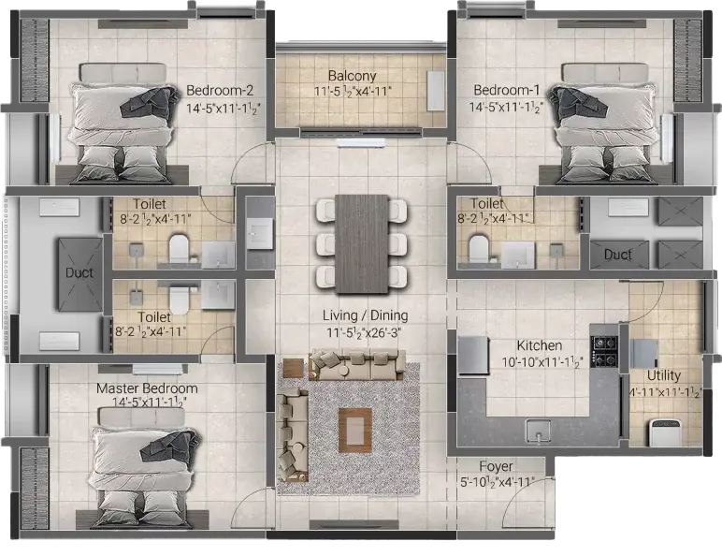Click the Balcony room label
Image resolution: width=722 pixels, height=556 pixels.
click(x=353, y=76)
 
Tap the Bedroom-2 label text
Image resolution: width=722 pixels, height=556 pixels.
click(x=220, y=91)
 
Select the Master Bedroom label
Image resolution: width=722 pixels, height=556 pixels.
click(x=147, y=388)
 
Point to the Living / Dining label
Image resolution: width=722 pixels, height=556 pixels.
click(x=365, y=315)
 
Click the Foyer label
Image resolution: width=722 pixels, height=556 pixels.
click(x=496, y=467)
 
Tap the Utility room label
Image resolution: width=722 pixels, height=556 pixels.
click(x=663, y=375)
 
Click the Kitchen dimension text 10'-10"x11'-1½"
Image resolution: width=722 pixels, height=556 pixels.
click(x=541, y=362)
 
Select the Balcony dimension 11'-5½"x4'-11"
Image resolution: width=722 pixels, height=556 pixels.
click(x=353, y=92)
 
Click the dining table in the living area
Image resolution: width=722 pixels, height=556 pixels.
click(x=362, y=244)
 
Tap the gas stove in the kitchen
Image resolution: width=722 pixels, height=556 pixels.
click(x=604, y=351)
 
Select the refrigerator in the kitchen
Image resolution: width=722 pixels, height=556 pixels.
click(x=473, y=355)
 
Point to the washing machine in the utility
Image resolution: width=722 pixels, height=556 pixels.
click(x=663, y=432)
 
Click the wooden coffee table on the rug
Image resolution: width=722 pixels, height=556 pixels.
click(x=355, y=431)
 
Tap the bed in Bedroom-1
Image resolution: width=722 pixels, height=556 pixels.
click(x=605, y=124)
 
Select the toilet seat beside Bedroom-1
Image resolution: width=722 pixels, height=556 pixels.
click(x=479, y=249)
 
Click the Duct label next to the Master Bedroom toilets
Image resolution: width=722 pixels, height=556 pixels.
click(x=79, y=273)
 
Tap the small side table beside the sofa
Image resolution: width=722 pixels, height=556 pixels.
click(x=294, y=368)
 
